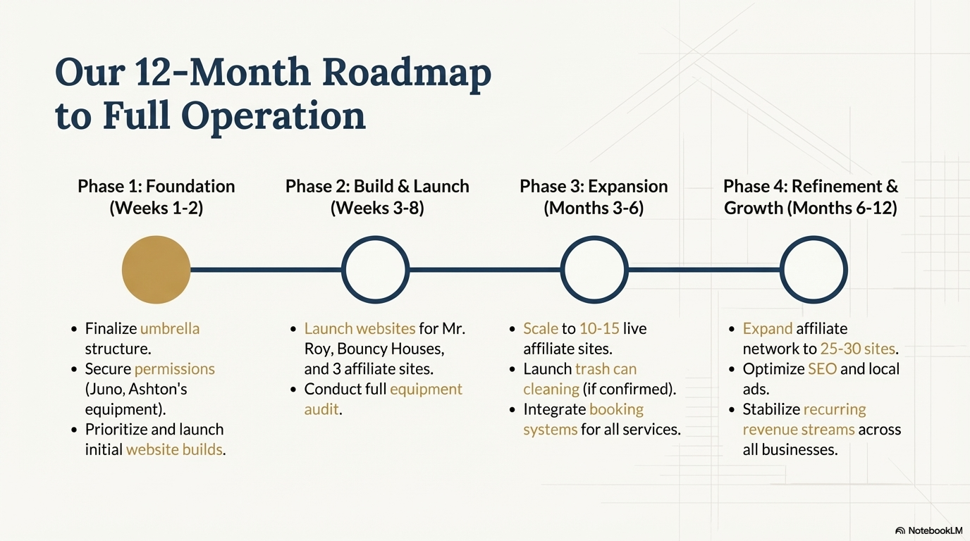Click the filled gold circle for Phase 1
point(156,270)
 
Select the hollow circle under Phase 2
point(375,237)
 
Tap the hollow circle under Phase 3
point(594,237)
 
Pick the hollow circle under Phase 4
point(814,237)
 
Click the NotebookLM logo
point(928,530)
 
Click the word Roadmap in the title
point(407,73)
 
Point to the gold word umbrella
point(170,328)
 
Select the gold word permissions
point(175,369)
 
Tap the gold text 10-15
point(599,328)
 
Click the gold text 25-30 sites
point(857,349)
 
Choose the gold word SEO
point(823,369)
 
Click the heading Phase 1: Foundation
point(156,187)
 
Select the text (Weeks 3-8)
point(377,209)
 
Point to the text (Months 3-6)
point(594,209)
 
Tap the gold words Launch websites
point(360,328)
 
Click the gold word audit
point(321,409)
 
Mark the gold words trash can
point(606,369)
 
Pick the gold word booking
point(616,409)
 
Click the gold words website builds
point(174,449)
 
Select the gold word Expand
point(768,329)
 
